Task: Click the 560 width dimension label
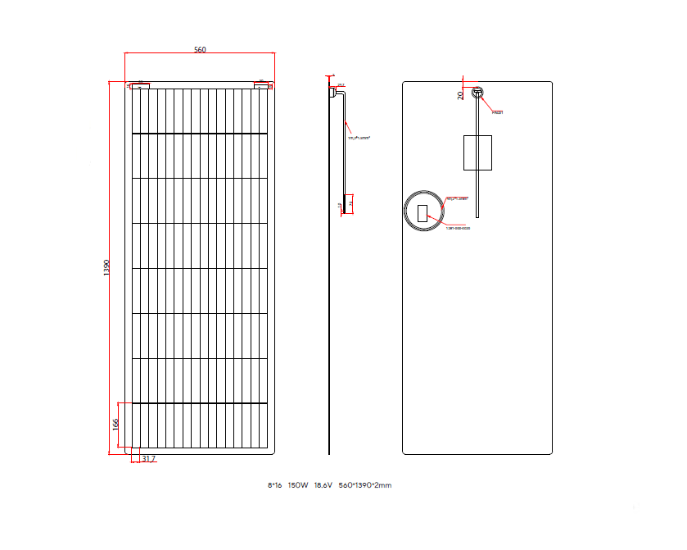(x=200, y=50)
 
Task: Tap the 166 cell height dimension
(x=116, y=424)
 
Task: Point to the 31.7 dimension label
(x=148, y=460)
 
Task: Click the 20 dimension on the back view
(x=461, y=95)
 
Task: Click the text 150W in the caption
(x=298, y=485)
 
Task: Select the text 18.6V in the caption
(x=323, y=485)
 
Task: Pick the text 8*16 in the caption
(x=274, y=485)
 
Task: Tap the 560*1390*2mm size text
(x=365, y=485)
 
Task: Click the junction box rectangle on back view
(x=477, y=152)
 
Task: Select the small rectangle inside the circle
(x=423, y=214)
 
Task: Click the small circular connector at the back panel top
(x=477, y=93)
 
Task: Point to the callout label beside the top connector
(x=497, y=112)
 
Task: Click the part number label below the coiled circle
(x=459, y=228)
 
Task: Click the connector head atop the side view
(x=334, y=93)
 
